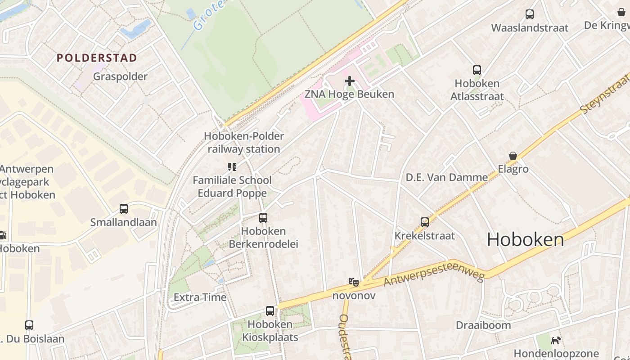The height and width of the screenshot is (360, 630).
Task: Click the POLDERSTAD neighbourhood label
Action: click(x=97, y=58)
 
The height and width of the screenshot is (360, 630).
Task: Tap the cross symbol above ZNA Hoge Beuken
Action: click(x=350, y=81)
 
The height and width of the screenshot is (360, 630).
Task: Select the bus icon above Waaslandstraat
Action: click(x=530, y=14)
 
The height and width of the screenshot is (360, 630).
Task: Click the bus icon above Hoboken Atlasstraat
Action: click(x=477, y=70)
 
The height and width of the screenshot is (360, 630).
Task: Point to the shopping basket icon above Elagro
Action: click(x=513, y=156)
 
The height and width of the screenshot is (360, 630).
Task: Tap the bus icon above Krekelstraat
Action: click(x=425, y=222)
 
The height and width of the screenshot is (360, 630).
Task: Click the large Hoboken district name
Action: click(x=525, y=240)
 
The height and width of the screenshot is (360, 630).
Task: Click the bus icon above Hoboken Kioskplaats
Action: click(x=270, y=311)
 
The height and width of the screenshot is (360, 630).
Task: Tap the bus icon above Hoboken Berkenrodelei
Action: click(x=263, y=218)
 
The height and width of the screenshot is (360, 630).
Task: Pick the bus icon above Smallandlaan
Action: click(x=124, y=209)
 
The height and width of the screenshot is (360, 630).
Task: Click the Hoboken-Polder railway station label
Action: click(x=244, y=142)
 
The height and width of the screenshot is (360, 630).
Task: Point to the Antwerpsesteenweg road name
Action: click(x=434, y=275)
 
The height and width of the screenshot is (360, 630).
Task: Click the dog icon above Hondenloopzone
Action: click(x=557, y=340)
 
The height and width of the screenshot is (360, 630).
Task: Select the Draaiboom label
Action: click(x=483, y=325)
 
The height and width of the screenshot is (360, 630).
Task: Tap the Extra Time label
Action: click(x=200, y=297)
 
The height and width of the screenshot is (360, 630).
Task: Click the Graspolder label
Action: click(x=120, y=76)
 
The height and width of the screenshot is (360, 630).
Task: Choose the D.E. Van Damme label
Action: click(x=447, y=178)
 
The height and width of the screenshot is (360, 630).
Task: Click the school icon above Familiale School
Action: click(x=232, y=167)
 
